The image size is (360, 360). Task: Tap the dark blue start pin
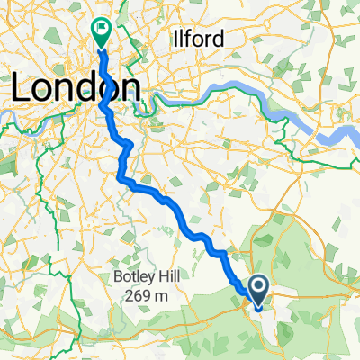tap(258, 289)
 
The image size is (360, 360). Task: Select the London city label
tap(76, 88)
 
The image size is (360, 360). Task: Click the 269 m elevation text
tap(148, 295)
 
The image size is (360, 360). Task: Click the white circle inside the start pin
tap(258, 287)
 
